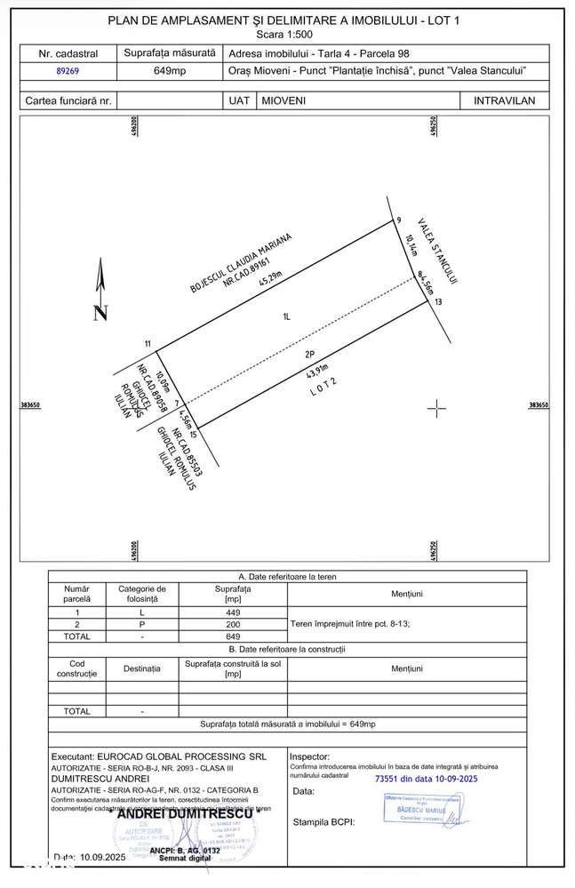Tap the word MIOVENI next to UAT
284,100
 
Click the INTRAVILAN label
504,100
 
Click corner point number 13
438,302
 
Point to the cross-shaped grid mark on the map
436,408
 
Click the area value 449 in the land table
234,612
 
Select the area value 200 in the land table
234,625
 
